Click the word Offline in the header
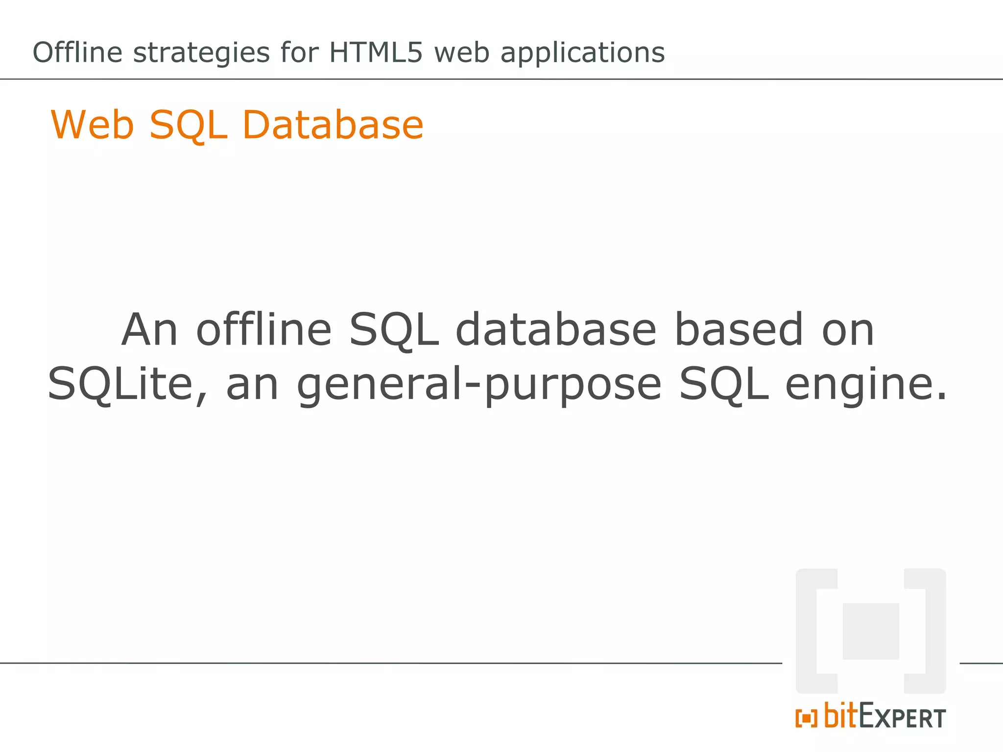(x=77, y=52)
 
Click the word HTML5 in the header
(x=375, y=52)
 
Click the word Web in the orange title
(x=93, y=125)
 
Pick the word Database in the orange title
(x=333, y=125)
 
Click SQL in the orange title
(x=189, y=126)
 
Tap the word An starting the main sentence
(x=149, y=329)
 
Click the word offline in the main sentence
(x=264, y=329)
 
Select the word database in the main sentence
(x=556, y=329)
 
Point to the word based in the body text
(x=739, y=329)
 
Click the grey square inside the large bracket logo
(x=871, y=631)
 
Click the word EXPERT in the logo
(x=902, y=717)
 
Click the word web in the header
(x=462, y=52)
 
